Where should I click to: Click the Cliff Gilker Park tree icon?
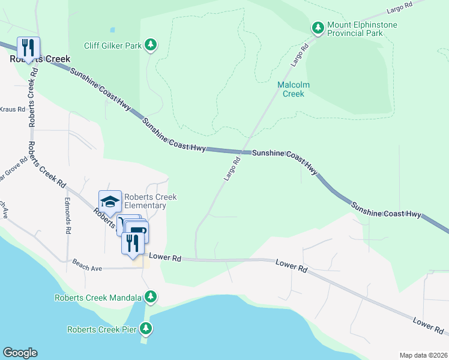(x=151, y=44)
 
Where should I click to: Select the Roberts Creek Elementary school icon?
(x=110, y=201)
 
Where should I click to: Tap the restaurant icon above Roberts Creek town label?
(x=28, y=47)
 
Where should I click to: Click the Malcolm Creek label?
(x=294, y=89)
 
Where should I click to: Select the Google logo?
(x=20, y=353)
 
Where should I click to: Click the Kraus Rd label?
(x=12, y=110)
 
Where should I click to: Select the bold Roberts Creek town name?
(x=40, y=59)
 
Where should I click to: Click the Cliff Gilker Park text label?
(x=113, y=44)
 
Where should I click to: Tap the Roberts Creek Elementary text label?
(x=145, y=202)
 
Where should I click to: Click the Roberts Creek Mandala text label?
(x=98, y=298)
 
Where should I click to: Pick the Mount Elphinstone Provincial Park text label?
(x=355, y=29)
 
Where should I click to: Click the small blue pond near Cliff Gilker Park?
(x=112, y=29)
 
